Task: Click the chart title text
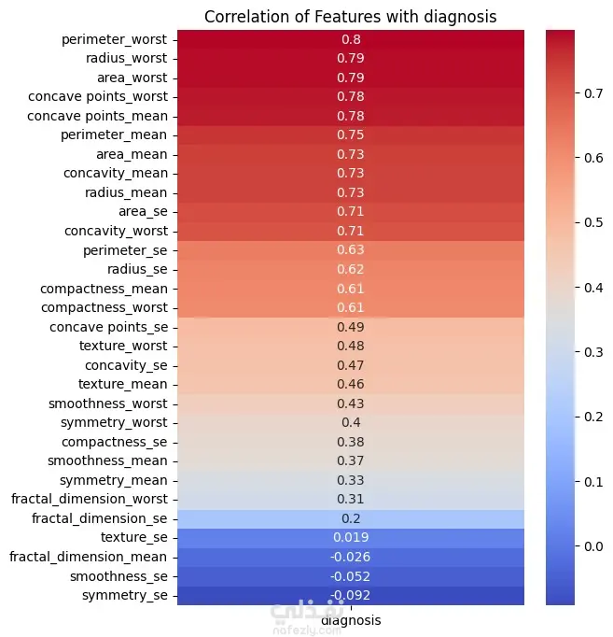point(350,16)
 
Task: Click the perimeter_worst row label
point(115,39)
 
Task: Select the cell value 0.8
point(352,39)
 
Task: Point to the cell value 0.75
point(352,134)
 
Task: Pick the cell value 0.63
point(352,249)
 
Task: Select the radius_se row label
point(133,269)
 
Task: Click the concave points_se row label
point(108,326)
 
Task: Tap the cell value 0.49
point(352,326)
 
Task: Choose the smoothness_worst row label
point(108,403)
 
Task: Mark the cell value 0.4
point(352,422)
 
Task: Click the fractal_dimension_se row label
point(100,517)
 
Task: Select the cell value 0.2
point(352,517)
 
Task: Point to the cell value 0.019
point(352,537)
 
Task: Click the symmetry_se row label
point(125,594)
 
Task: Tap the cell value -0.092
point(352,594)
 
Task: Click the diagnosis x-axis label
point(351,619)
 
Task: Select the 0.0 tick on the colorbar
point(592,545)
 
